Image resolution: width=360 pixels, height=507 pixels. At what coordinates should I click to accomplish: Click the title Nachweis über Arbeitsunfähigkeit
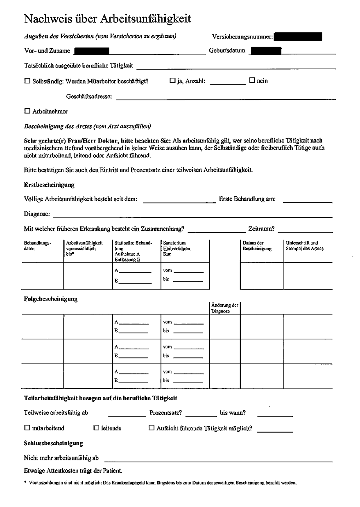pos(108,19)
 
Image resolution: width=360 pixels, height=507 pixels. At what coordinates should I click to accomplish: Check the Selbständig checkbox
pos(27,81)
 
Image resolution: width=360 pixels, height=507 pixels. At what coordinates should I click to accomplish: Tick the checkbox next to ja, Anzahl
pos(172,81)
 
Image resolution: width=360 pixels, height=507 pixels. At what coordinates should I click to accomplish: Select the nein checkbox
pos(252,80)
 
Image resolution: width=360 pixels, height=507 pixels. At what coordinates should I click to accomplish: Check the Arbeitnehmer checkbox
pos(27,111)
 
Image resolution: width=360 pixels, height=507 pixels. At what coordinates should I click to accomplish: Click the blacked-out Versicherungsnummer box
pos(298,37)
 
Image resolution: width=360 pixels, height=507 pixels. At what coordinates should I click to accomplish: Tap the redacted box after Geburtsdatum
pos(266,51)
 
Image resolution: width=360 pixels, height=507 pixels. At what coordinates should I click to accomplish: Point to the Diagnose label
pos(37,214)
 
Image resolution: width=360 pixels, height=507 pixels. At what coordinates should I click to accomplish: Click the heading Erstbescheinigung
pos(49,185)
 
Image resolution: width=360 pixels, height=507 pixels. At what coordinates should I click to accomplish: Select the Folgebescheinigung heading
pos(51,299)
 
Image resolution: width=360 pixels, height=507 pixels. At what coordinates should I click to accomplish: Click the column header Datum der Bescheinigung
pos(257,246)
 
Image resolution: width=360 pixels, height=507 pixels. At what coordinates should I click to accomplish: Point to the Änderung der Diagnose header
pos(224,308)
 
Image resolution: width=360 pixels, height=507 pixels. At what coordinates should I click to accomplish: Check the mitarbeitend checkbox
pos(27,428)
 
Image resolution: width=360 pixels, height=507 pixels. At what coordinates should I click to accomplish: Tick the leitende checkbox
pos(97,428)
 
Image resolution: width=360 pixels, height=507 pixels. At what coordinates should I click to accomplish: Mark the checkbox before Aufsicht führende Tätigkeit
pos(151,428)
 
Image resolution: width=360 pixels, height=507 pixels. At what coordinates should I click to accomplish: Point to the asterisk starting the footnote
pos(25,482)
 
